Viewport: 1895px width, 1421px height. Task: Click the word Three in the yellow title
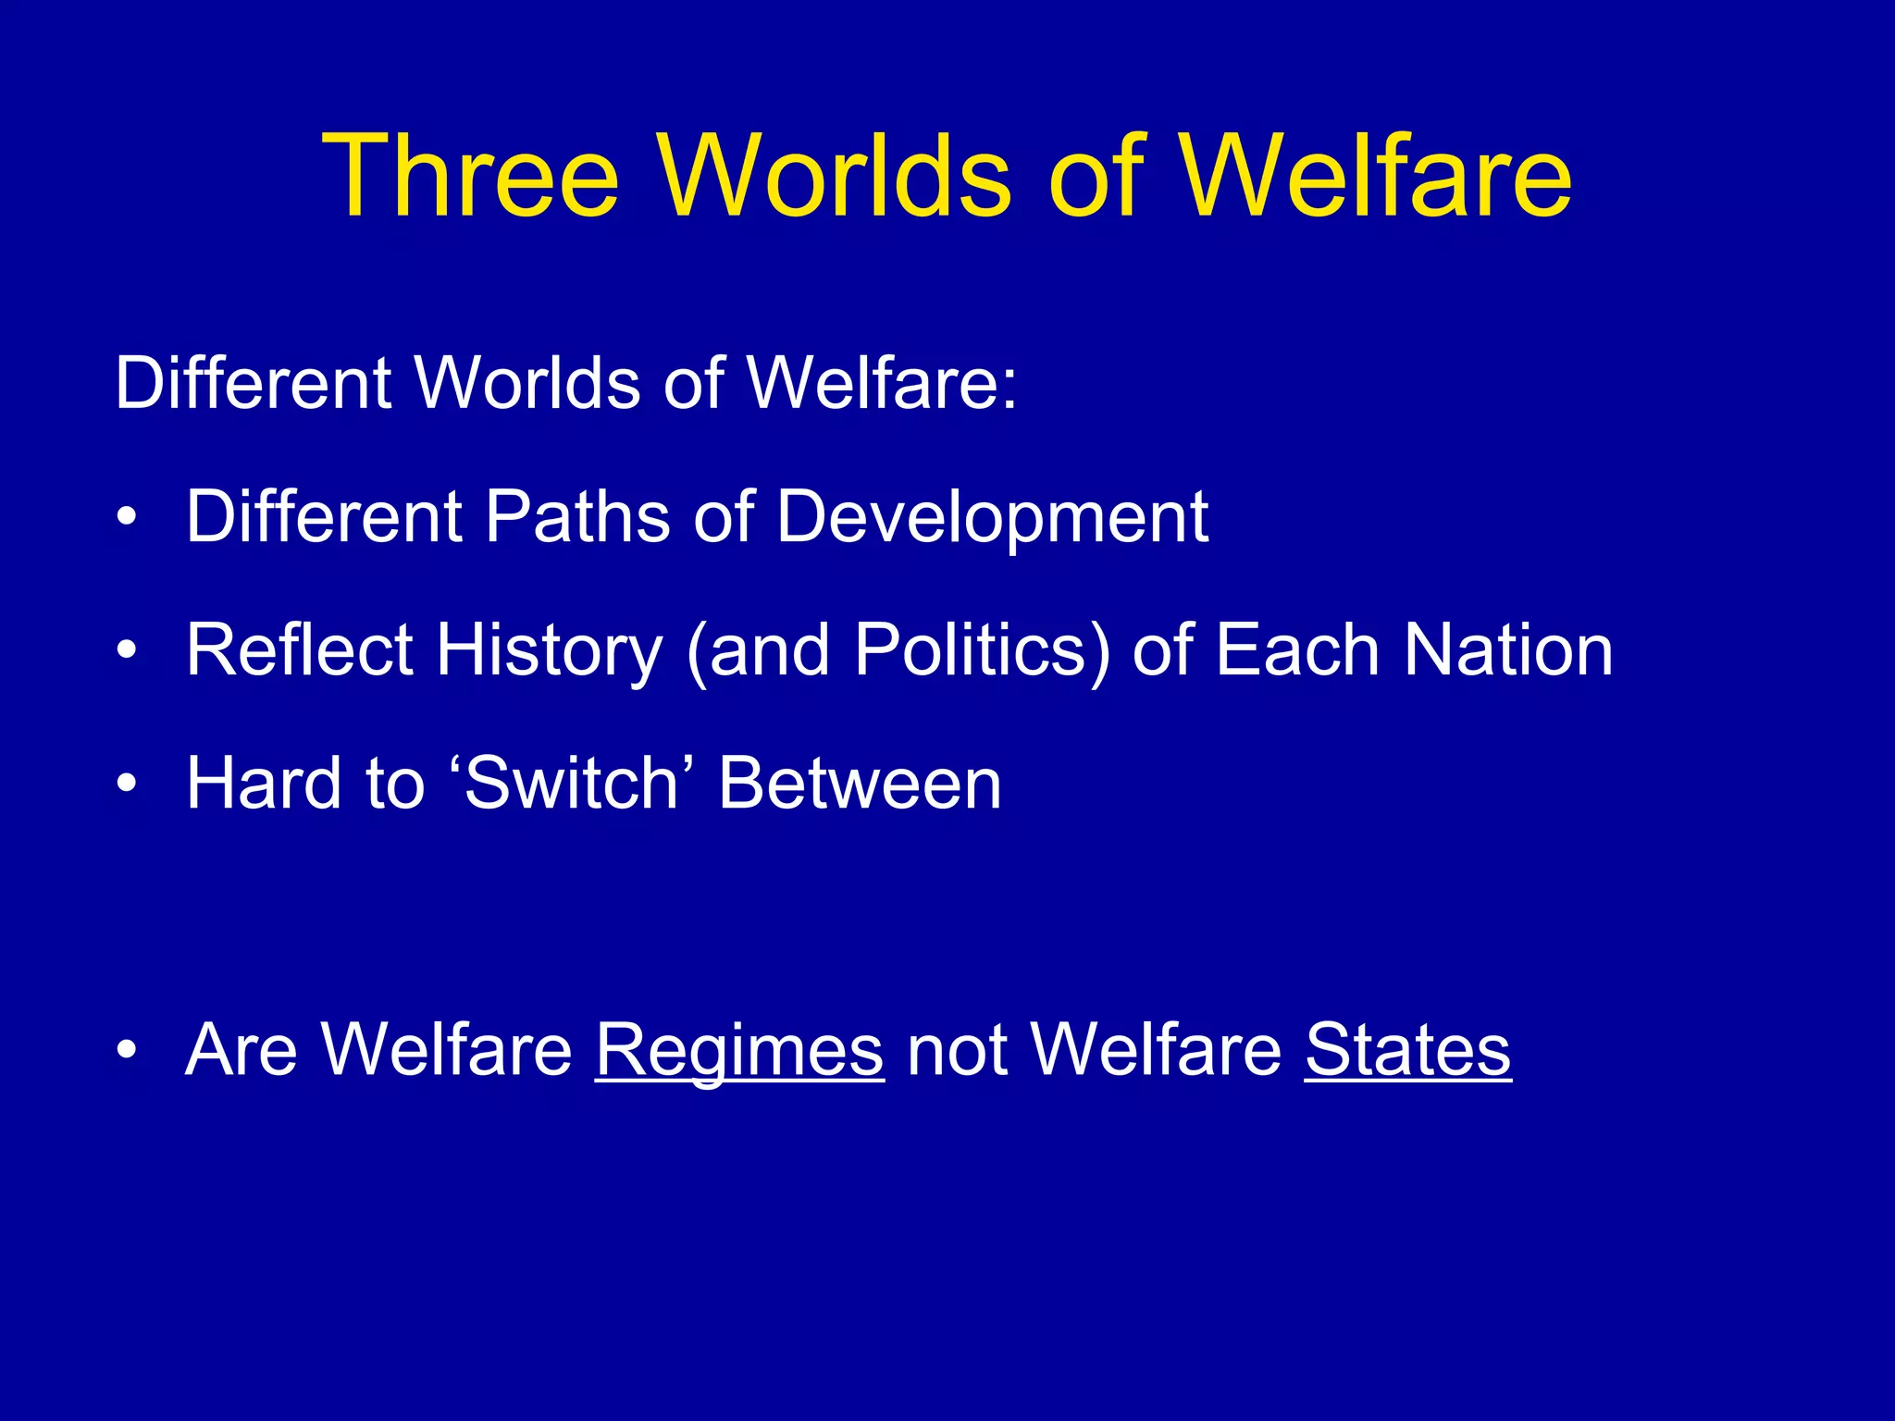(x=470, y=176)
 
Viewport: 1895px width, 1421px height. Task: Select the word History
(x=550, y=651)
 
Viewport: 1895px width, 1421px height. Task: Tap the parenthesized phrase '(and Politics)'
(x=898, y=651)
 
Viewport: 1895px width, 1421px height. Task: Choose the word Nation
(x=1508, y=649)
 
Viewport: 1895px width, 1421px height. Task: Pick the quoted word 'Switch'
(x=574, y=783)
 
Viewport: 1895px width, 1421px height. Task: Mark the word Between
(x=860, y=783)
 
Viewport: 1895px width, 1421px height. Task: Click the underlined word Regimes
(x=739, y=1051)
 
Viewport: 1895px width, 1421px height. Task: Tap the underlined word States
(x=1407, y=1049)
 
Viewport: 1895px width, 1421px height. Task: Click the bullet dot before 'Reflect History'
(x=127, y=651)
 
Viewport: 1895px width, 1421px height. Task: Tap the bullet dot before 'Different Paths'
(x=127, y=518)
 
